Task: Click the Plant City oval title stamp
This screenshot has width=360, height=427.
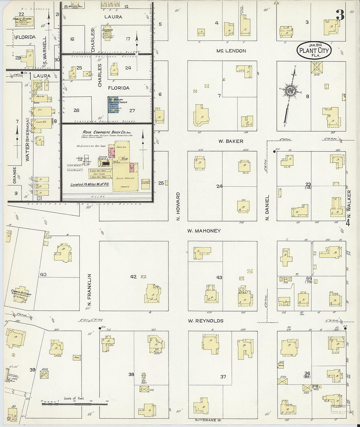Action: [x=314, y=50]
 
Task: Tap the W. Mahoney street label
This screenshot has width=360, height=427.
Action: [x=204, y=231]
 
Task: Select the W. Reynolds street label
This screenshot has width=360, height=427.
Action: [x=206, y=321]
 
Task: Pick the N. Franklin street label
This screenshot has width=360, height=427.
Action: [x=89, y=292]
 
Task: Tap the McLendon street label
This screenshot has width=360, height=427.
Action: [x=231, y=51]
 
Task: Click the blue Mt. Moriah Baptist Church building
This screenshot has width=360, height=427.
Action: [x=114, y=105]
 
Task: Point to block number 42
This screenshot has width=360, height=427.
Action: [x=133, y=277]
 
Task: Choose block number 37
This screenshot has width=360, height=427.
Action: [x=223, y=377]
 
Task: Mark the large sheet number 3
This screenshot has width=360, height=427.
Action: [x=340, y=15]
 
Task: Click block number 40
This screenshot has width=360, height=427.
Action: [x=43, y=274]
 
